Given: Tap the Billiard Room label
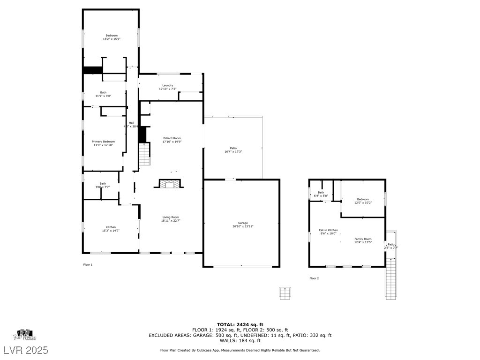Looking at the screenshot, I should coord(172,138).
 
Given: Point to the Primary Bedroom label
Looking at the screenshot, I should coord(103,142).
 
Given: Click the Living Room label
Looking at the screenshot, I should coord(171,217).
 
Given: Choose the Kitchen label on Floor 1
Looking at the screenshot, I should coord(111,227).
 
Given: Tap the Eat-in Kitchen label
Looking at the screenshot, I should coord(329,230).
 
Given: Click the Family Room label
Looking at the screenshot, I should coord(363,239).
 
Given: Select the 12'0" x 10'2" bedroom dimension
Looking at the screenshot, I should coord(363,203).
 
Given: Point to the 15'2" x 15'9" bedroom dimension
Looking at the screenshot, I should coord(112,39).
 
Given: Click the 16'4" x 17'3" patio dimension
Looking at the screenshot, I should coord(233,152).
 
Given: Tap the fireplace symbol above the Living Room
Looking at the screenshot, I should coord(169,184).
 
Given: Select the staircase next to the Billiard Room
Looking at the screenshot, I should coord(144,155).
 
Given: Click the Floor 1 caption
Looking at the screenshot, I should coord(88,265).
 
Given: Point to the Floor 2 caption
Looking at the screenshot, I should coord(314,278).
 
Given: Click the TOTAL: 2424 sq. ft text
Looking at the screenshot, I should coord(240,324).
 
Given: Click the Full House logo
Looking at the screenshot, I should coord(24,334).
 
